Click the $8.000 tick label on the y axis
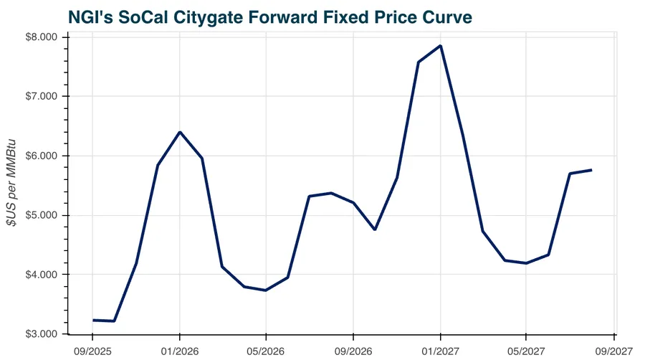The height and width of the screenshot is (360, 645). pos(42,37)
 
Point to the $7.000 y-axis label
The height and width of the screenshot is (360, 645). pos(42,97)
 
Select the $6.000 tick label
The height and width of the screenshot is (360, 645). pos(42,156)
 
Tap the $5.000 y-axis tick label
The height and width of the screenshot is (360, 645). pos(42,216)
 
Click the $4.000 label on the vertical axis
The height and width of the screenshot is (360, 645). pos(42,275)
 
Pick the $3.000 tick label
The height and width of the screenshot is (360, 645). pos(42,335)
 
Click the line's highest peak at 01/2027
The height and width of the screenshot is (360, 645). pos(440,46)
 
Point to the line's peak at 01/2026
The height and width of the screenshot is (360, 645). pos(179,132)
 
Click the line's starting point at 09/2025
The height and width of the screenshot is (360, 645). pos(92,320)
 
